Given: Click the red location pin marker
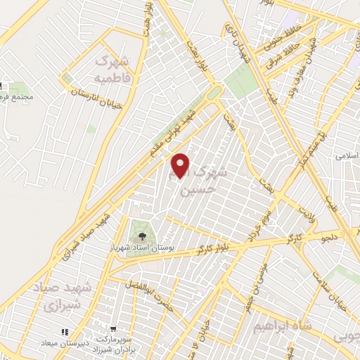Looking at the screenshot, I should (x=181, y=165).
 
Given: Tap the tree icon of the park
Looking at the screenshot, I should (x=142, y=237).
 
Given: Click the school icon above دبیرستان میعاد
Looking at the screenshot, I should (x=65, y=331).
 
